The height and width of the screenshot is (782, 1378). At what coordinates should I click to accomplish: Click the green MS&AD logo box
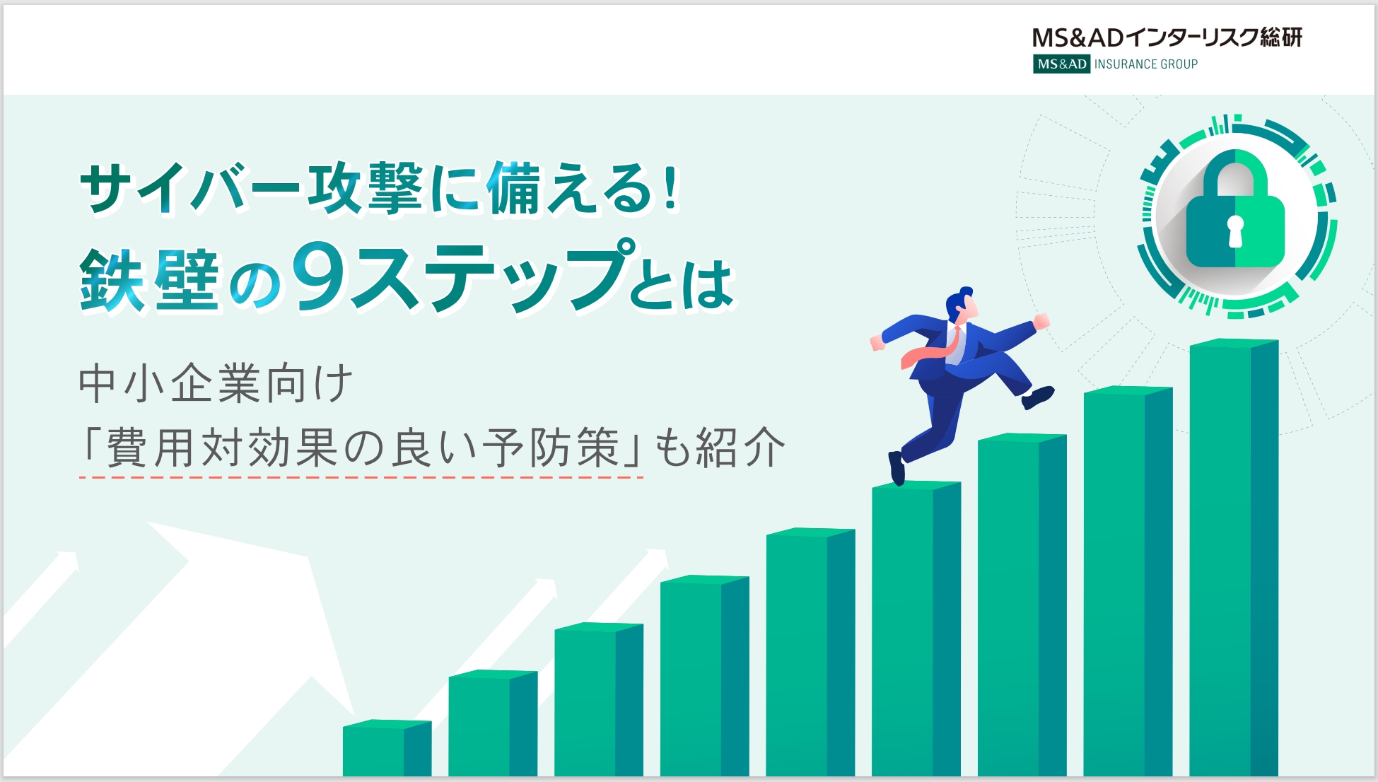click(x=1061, y=64)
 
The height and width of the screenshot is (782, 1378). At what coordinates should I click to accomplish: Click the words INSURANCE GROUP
click(x=1146, y=64)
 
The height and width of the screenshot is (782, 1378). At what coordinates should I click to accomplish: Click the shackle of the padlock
click(x=1234, y=173)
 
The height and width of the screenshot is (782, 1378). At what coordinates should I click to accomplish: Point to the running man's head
click(x=962, y=305)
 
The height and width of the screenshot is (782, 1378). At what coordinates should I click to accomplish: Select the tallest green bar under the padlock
click(x=1234, y=558)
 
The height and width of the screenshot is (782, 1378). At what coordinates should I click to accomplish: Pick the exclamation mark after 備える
click(x=670, y=187)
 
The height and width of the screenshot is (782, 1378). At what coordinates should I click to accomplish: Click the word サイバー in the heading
click(x=191, y=188)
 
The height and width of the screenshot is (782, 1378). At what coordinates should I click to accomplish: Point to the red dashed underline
click(x=361, y=477)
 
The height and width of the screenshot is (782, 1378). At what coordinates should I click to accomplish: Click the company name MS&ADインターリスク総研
click(x=1167, y=37)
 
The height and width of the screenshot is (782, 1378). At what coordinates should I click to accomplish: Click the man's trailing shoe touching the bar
click(x=897, y=467)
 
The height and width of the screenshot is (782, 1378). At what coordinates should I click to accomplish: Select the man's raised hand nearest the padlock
click(x=1041, y=322)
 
